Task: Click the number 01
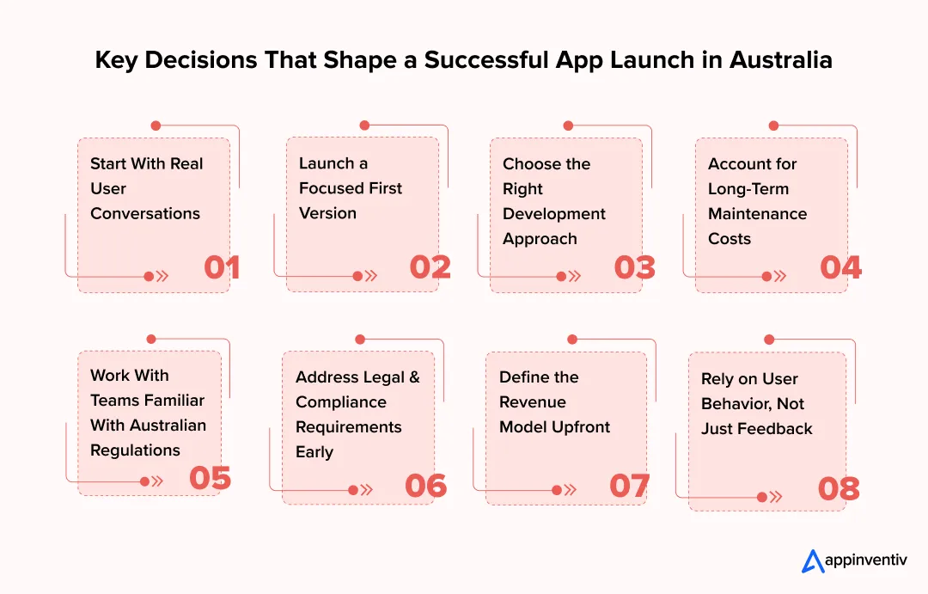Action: (x=222, y=267)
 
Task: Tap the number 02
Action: (x=430, y=267)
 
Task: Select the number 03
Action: (x=634, y=267)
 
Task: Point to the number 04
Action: (x=840, y=267)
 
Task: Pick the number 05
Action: (x=210, y=478)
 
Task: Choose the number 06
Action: (x=425, y=486)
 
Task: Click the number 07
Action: (x=629, y=486)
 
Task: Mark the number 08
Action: (x=839, y=489)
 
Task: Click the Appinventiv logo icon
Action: (x=812, y=561)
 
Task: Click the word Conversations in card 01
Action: (x=145, y=213)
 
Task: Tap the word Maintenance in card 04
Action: (x=757, y=213)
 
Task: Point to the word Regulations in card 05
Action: (x=135, y=450)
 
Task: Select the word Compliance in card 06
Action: (x=341, y=401)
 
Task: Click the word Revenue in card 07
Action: (x=532, y=401)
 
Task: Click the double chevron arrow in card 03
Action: (x=574, y=276)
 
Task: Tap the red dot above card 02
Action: (x=364, y=126)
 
